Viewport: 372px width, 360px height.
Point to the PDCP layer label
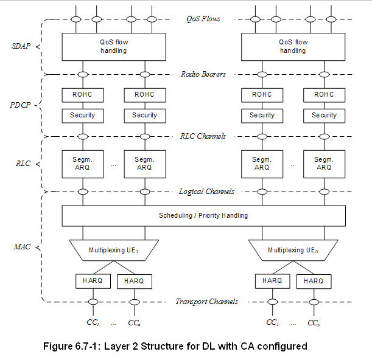(21, 105)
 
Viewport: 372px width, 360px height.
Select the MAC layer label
(21, 247)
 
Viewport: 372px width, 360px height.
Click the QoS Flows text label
(203, 19)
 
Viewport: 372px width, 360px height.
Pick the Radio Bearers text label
(203, 74)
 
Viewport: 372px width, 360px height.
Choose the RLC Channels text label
(203, 136)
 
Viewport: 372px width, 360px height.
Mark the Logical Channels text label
(206, 192)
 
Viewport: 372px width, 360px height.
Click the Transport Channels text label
(206, 302)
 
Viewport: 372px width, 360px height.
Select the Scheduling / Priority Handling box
(203, 215)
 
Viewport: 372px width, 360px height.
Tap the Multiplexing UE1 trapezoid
(113, 250)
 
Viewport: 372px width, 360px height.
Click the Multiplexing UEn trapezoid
(293, 250)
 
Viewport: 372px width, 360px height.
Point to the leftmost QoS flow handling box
(113, 46)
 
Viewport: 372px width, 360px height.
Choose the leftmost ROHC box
(82, 95)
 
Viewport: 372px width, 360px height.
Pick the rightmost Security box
(324, 115)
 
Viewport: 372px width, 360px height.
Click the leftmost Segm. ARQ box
(82, 164)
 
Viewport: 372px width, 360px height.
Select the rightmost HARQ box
(314, 281)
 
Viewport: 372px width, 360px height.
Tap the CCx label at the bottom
(135, 323)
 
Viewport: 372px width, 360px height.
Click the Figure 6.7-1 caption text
(175, 346)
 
